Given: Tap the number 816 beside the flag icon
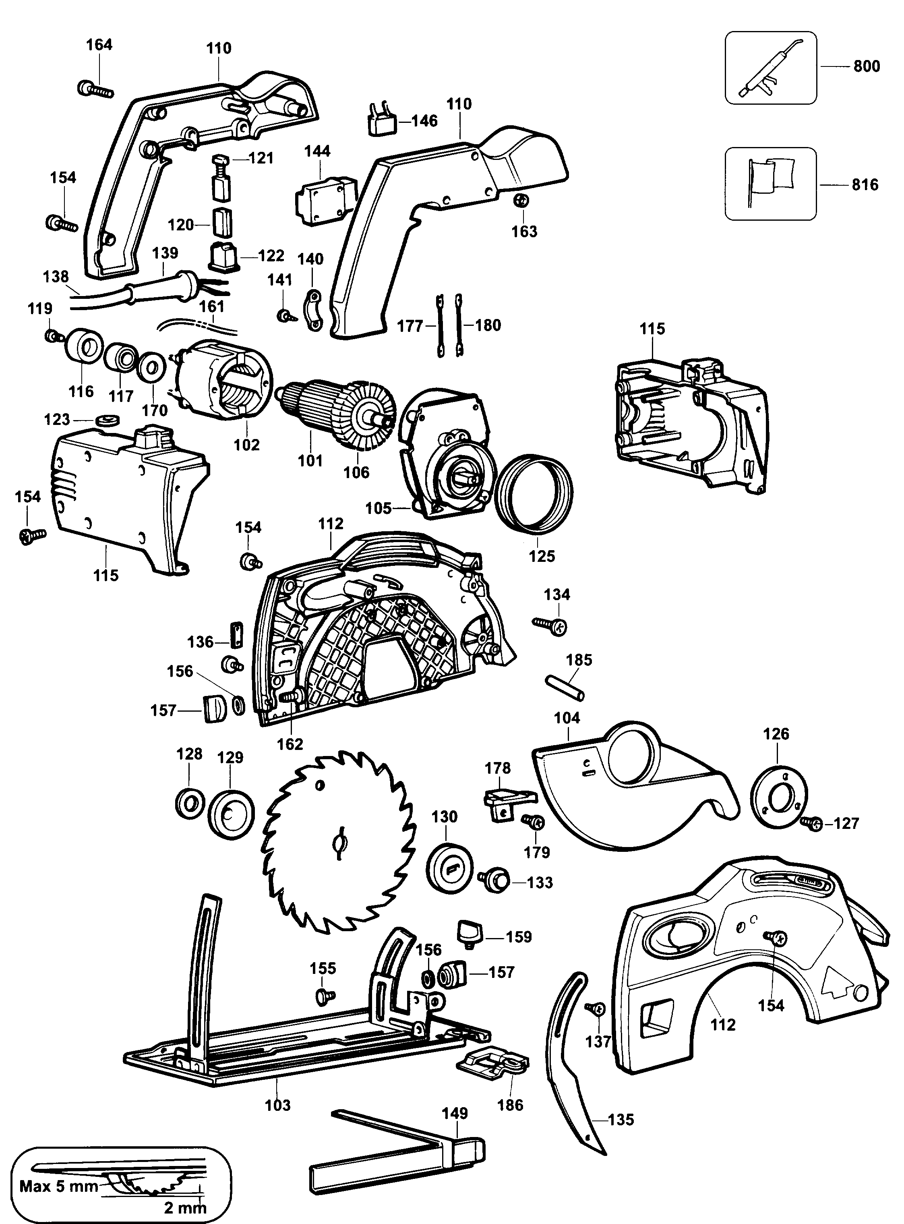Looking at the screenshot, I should click(865, 184).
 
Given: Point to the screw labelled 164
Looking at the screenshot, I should click(96, 89).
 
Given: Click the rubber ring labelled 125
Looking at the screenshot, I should click(535, 493).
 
